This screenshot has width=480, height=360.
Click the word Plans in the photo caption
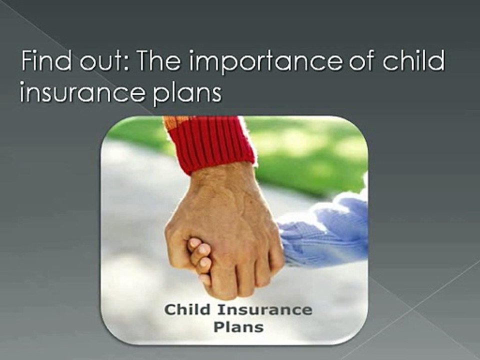click(238, 326)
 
